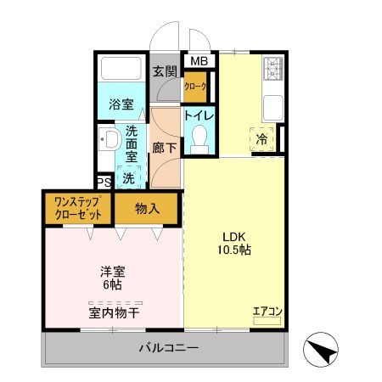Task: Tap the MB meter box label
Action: click(x=198, y=61)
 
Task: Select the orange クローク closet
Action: click(x=196, y=87)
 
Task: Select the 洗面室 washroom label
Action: click(x=132, y=143)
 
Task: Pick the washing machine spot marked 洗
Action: click(x=127, y=178)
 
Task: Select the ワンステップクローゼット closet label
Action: click(x=78, y=208)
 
